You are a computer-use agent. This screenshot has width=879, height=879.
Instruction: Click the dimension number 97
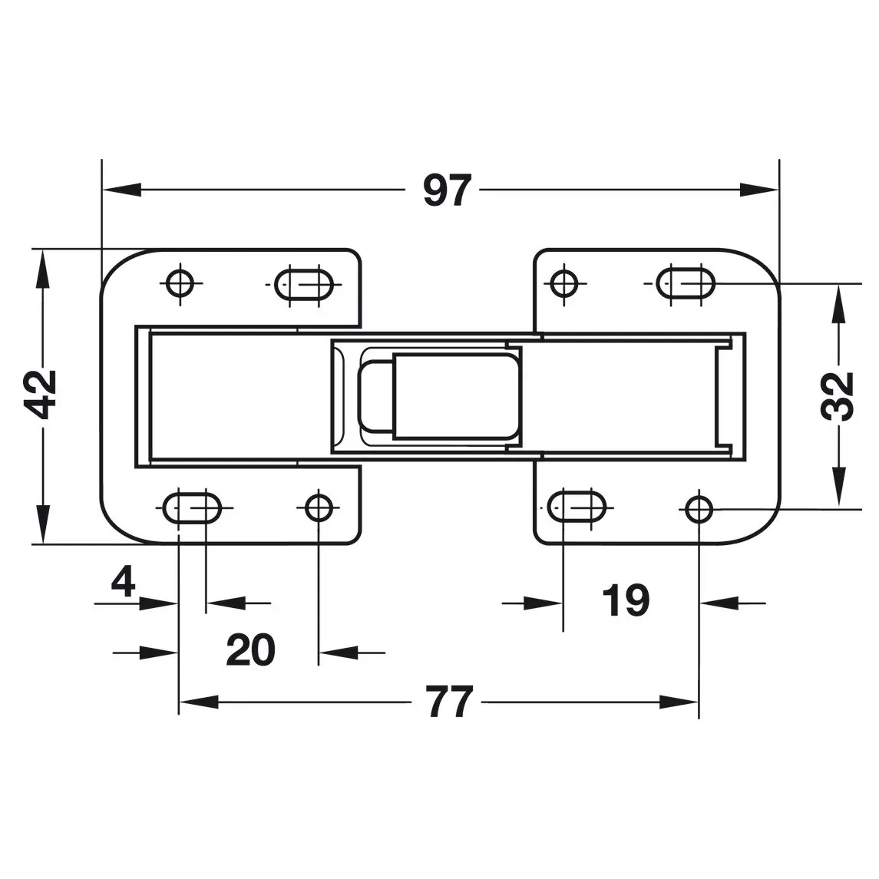(447, 190)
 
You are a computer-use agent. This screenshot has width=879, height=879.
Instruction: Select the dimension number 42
(41, 395)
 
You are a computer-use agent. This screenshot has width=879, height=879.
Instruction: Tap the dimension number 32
(838, 396)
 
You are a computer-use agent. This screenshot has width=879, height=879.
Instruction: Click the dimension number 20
(250, 649)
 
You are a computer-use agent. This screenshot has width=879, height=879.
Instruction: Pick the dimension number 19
(626, 600)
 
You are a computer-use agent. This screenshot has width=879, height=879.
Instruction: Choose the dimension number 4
(124, 582)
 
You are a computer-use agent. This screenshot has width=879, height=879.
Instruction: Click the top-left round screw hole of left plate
(180, 283)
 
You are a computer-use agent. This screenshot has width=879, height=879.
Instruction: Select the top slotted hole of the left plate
(304, 284)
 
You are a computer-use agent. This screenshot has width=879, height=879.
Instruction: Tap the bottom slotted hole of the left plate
(192, 508)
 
